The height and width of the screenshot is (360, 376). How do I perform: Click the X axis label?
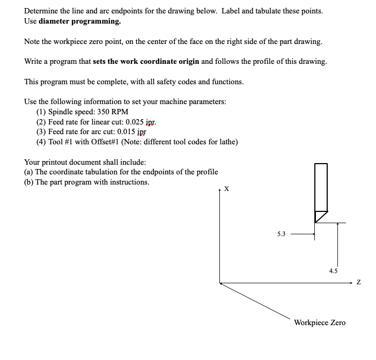226,189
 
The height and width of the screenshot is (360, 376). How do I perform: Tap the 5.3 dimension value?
282,234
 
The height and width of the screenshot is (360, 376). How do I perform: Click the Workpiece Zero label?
320,322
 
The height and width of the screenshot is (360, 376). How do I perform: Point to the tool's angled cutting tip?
320,217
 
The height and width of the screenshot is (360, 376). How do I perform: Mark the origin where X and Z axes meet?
220,283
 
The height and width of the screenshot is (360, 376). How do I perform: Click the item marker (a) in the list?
30,172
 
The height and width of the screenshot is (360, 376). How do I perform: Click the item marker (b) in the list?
30,182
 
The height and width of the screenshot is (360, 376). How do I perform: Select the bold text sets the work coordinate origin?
146,61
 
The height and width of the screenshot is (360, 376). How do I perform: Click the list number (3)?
41,132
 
